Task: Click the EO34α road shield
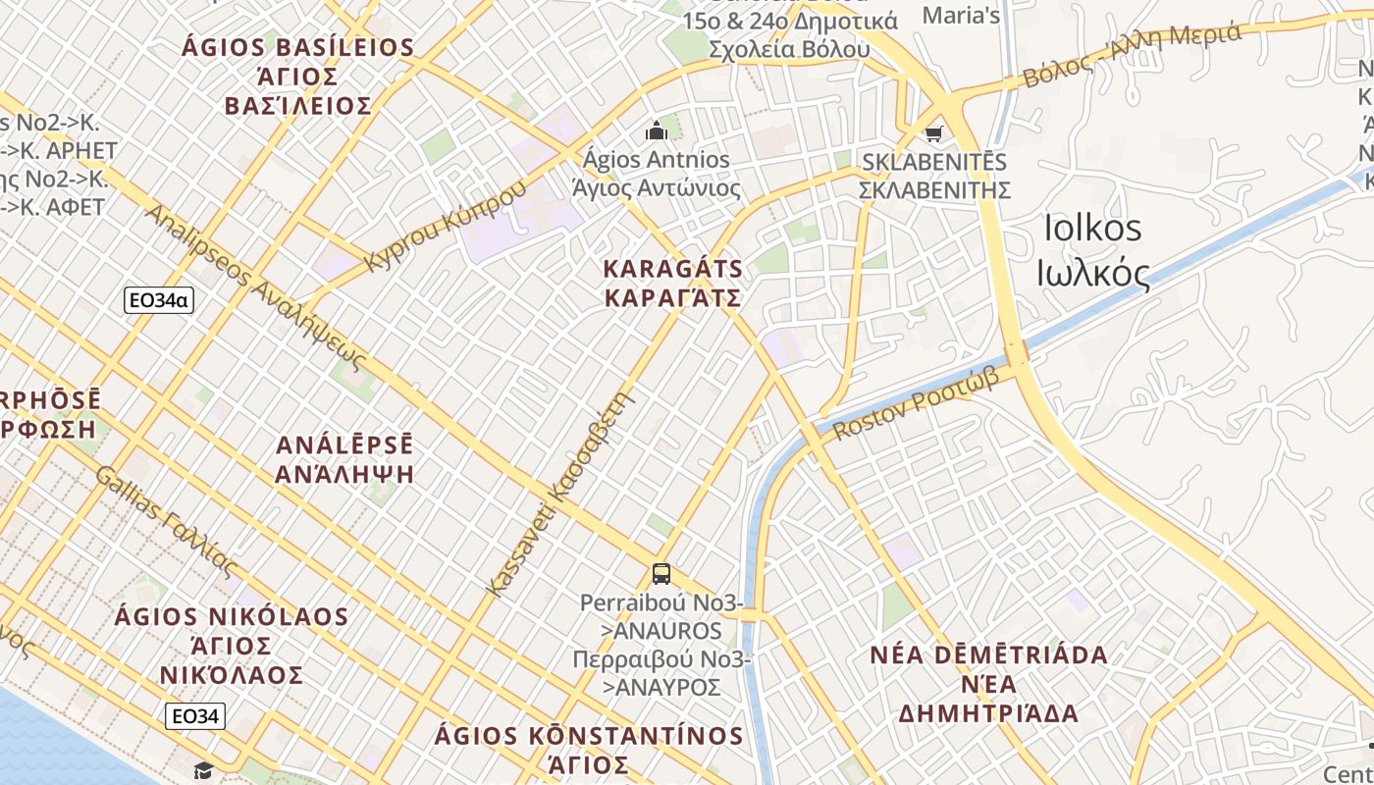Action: [x=159, y=300]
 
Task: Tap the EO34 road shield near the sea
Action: [x=195, y=716]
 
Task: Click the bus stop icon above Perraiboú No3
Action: [x=661, y=574]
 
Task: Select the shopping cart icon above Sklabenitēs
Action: [x=933, y=132]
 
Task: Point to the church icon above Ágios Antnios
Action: [x=656, y=130]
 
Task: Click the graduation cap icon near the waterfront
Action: [x=203, y=770]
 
